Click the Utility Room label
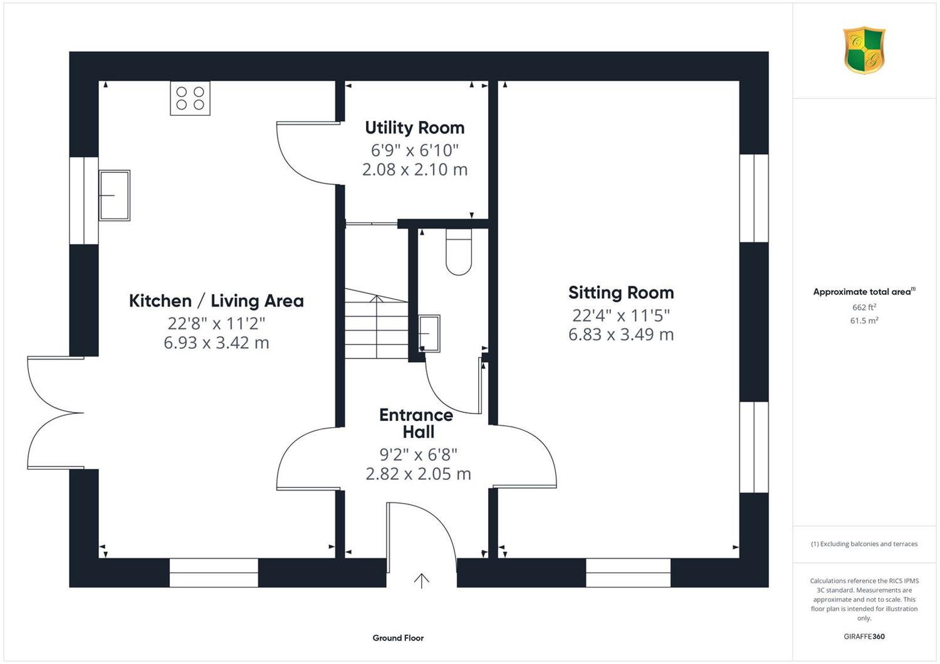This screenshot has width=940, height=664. [x=415, y=128]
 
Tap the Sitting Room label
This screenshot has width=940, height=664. [x=621, y=293]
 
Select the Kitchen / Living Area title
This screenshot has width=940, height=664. [x=216, y=301]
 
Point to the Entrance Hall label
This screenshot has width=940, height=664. [x=416, y=423]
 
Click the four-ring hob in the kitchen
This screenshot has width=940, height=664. [x=190, y=98]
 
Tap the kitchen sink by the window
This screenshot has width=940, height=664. [x=114, y=195]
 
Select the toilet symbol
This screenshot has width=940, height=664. [x=459, y=252]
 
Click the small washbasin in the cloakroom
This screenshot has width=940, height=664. [x=429, y=333]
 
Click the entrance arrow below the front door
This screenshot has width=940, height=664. [x=421, y=581]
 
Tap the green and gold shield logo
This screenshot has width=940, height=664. [x=864, y=50]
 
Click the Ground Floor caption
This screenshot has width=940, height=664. [x=398, y=638]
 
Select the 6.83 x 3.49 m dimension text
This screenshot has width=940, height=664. [x=621, y=335]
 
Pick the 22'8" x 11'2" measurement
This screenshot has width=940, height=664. [x=216, y=323]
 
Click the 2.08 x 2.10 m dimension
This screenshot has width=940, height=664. [x=415, y=170]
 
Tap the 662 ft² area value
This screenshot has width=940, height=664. [x=864, y=307]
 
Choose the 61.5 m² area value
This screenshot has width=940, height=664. [x=864, y=321]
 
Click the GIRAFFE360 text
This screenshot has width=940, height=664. [x=864, y=636]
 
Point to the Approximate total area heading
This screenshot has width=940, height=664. [x=864, y=291]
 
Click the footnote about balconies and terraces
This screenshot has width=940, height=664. [x=864, y=544]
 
